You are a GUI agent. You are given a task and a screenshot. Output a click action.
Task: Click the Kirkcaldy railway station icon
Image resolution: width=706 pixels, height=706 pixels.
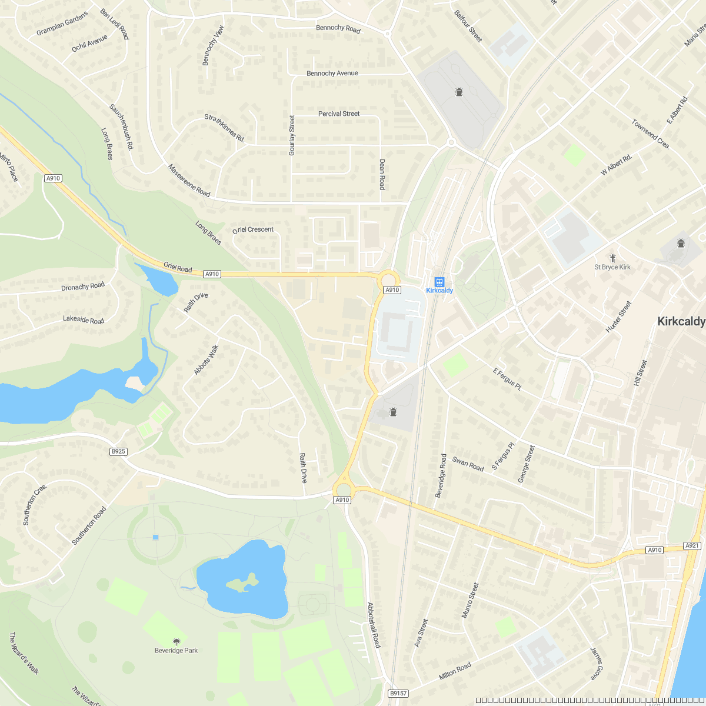pos(439,281)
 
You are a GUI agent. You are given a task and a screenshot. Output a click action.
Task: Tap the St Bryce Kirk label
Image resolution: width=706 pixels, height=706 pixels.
pos(612,267)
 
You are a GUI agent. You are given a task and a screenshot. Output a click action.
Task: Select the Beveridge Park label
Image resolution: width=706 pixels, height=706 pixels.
pos(176,650)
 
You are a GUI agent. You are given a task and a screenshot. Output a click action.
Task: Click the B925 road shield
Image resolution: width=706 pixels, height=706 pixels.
pos(118,451)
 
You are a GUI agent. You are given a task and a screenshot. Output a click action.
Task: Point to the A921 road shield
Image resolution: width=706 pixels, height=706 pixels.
pos(692,546)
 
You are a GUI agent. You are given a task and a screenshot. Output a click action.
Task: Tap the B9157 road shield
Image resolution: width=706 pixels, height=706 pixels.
pos(398,693)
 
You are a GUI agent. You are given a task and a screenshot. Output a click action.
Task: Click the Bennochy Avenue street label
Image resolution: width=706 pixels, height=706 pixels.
pos(332,74)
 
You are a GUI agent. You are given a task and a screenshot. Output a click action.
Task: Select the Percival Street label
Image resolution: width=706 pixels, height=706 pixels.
pos(338,114)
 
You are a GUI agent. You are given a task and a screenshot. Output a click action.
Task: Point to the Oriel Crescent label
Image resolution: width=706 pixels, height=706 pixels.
pos(253,229)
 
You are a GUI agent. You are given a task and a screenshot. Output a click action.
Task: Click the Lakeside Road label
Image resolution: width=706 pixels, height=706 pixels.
pos(84,320)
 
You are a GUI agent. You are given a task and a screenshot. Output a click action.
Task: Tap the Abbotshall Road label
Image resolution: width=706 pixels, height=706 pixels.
pos(374,625)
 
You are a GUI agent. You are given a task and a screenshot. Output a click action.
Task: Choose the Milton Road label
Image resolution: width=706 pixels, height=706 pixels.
pos(455,671)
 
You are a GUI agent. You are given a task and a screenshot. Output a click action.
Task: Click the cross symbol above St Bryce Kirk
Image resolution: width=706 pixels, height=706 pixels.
pos(612,258)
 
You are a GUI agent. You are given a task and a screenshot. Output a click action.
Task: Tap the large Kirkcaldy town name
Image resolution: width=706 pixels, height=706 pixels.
pos(681,322)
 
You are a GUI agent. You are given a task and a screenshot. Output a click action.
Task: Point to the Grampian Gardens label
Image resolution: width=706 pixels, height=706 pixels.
pos(62,24)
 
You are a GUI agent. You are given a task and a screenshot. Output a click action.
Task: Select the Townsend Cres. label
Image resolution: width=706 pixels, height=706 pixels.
pos(651,134)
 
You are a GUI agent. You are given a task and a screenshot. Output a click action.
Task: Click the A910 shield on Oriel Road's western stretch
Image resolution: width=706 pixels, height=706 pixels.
pos(53,178)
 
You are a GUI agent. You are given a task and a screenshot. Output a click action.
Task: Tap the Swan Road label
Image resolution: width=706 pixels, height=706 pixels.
pos(468,464)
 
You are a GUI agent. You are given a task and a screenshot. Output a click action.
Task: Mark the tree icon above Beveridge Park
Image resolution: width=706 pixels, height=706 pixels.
pos(176,641)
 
